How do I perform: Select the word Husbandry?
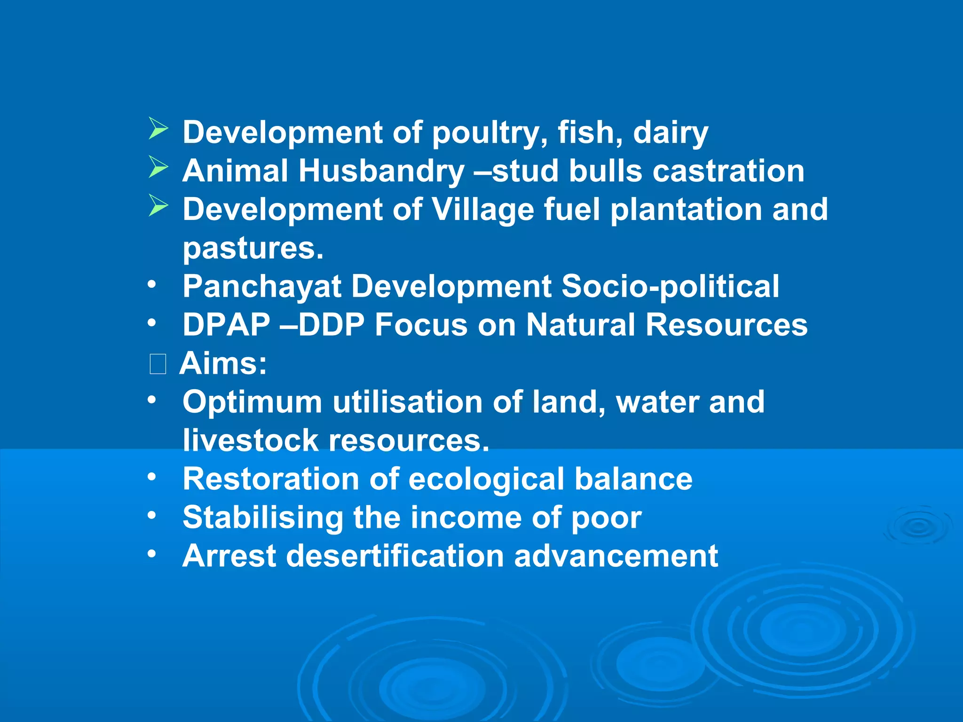point(381,171)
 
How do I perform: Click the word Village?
point(482,210)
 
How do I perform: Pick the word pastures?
point(253,248)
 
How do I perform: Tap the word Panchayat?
point(262,287)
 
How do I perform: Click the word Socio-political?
point(670,286)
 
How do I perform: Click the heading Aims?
point(223,363)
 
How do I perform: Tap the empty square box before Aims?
point(158,364)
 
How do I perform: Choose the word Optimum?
point(253,402)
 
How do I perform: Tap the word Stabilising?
point(263,518)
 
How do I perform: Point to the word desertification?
point(395,556)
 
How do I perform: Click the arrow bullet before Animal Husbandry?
point(158,167)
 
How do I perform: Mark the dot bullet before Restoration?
point(151,477)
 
